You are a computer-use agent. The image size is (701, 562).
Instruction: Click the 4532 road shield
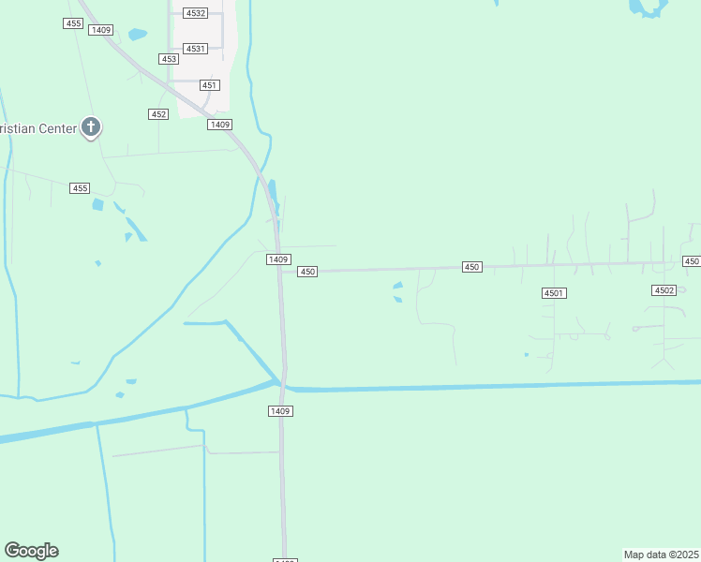(196, 14)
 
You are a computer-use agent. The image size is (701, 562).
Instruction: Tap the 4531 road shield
(195, 49)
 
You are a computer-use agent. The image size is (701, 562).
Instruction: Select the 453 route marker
(169, 59)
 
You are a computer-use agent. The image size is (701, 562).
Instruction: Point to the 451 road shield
(210, 85)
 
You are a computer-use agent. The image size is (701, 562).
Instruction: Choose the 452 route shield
(158, 114)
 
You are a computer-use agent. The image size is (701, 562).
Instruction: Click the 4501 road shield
(554, 293)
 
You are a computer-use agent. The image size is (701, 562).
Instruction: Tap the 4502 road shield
(664, 290)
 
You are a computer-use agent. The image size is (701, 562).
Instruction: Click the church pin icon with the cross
(91, 126)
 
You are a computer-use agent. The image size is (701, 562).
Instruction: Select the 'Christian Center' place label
(37, 128)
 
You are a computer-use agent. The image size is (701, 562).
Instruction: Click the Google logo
(31, 551)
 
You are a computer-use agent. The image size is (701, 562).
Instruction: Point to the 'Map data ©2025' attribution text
(662, 555)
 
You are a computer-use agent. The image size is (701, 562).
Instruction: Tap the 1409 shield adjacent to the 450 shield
(277, 259)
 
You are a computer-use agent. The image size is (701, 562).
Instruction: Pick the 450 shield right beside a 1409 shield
(307, 272)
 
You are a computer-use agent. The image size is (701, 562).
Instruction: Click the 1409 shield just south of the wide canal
(280, 411)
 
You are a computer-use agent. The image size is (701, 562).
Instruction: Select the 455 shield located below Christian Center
(80, 188)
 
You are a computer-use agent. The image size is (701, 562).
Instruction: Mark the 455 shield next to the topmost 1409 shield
(73, 23)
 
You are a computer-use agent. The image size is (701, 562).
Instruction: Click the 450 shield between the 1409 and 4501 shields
(471, 267)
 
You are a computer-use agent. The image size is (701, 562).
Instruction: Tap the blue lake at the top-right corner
(648, 7)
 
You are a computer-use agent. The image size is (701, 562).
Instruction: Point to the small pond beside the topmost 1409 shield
(138, 35)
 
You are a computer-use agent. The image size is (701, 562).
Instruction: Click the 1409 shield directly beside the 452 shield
(220, 125)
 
